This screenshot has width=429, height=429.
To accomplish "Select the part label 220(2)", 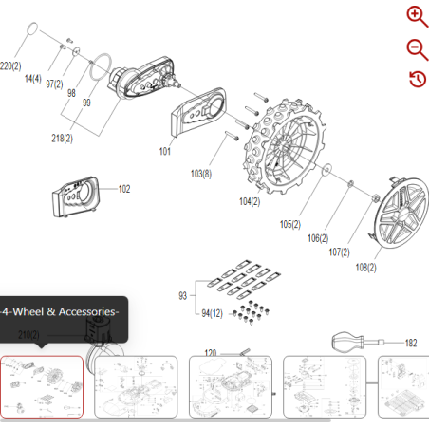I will click(10, 65).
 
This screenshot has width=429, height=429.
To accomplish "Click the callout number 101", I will click(165, 150).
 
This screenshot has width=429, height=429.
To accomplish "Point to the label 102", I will click(124, 189).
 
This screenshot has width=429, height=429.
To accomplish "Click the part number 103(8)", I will click(201, 174).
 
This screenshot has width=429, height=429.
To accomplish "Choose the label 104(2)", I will click(250, 201).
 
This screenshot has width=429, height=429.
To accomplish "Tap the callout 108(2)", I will click(366, 268).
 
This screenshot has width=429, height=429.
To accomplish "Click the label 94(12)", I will click(213, 312).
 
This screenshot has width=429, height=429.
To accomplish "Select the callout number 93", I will click(183, 296).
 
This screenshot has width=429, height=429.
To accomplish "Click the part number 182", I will click(410, 343).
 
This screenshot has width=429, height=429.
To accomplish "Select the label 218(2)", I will click(62, 138).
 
